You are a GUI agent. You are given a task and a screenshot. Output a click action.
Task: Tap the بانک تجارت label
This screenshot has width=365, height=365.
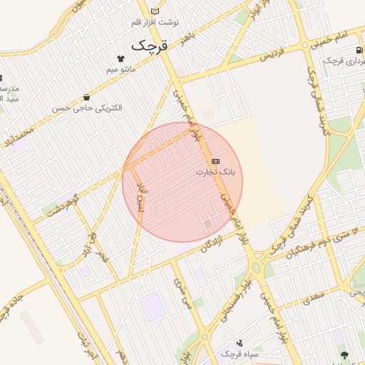click(219, 172)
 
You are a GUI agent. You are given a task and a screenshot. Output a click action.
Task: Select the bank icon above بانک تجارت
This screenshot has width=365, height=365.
click(215, 162)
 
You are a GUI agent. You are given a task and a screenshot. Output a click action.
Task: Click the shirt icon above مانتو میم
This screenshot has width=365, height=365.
click(119, 58)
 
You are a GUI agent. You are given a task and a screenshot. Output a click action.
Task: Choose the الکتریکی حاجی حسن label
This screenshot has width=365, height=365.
click(86, 108)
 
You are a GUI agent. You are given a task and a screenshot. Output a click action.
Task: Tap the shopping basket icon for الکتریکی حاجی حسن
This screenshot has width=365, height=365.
click(86, 97)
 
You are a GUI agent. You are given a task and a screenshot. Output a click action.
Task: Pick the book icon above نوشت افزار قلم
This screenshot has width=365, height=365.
click(155, 11)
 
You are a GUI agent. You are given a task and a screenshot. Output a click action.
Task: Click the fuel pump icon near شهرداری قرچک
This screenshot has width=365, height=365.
click(358, 51)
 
